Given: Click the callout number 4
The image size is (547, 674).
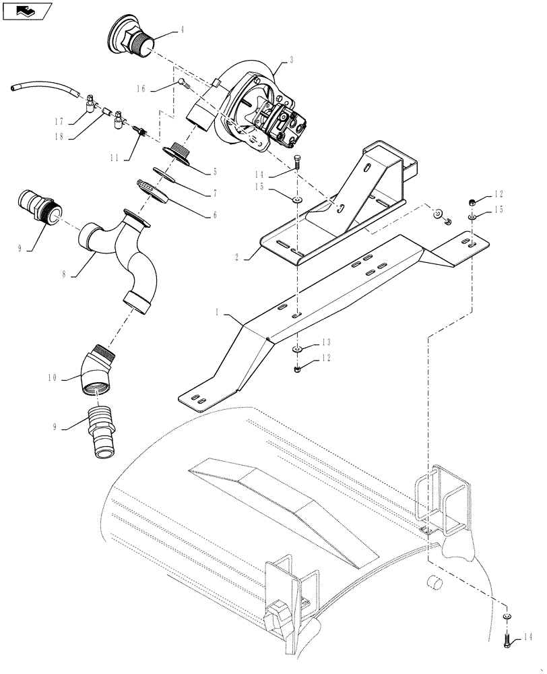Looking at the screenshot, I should point(183,30).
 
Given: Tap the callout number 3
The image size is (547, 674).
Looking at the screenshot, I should point(291,61).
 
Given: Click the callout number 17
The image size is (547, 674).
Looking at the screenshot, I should point(59,122).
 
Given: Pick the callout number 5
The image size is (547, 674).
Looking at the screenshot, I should point(214,171).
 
